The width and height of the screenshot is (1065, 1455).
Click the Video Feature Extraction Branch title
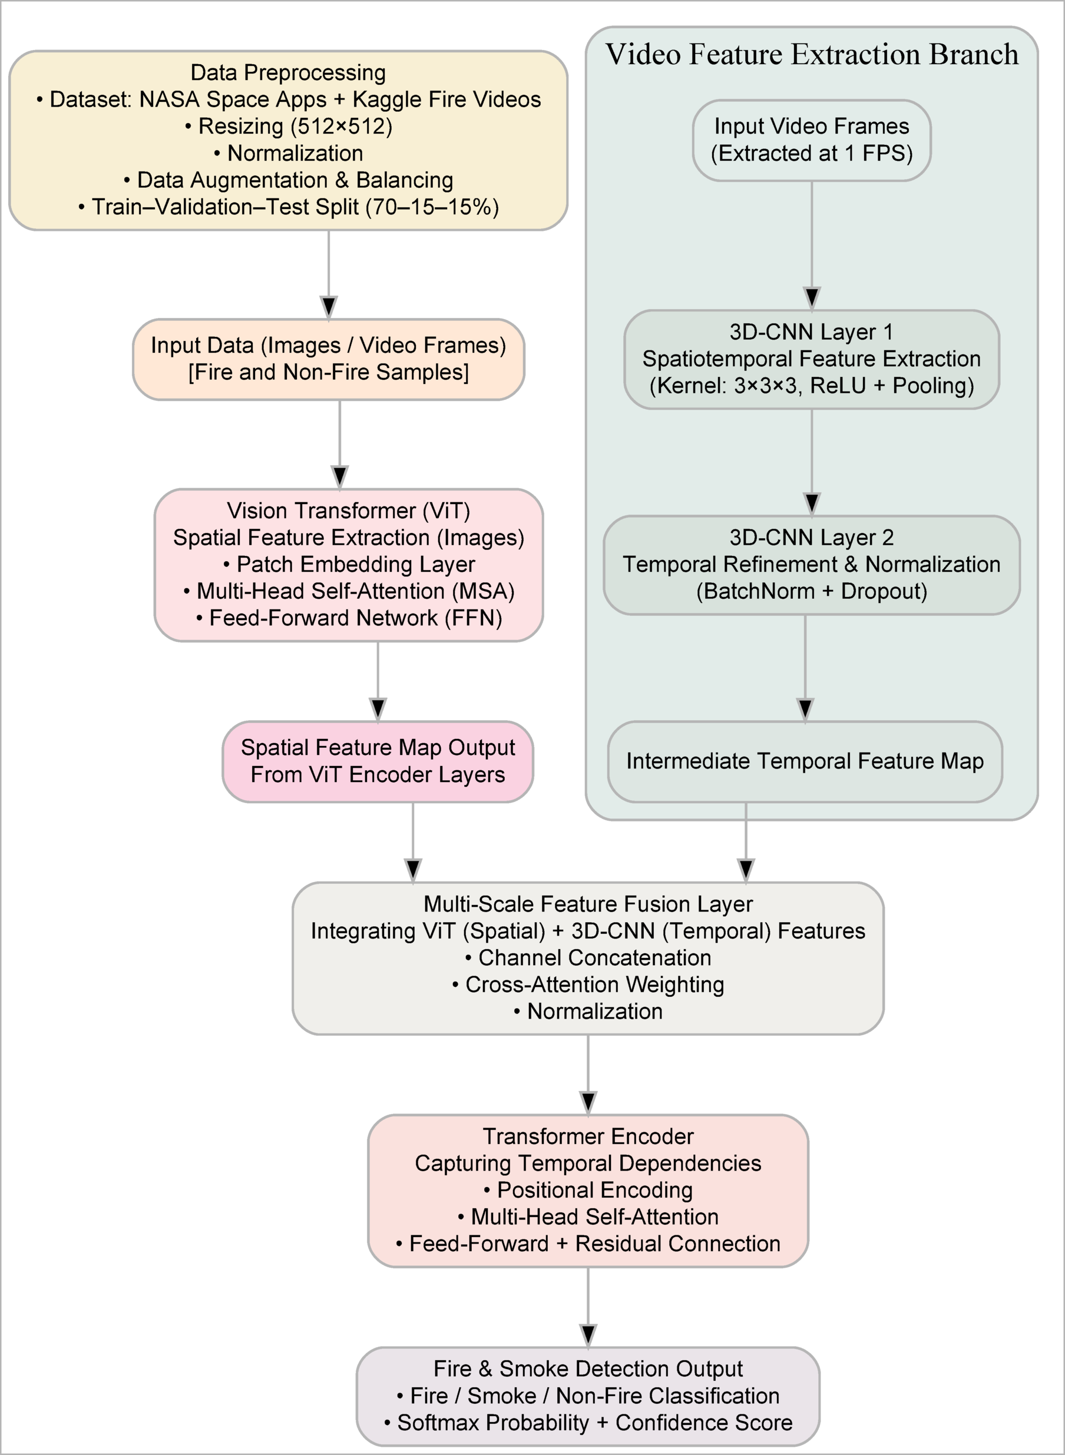[812, 54]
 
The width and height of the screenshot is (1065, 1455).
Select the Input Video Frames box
[812, 140]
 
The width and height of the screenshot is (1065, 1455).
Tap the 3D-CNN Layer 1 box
[812, 359]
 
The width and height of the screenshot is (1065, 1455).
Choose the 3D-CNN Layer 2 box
[812, 565]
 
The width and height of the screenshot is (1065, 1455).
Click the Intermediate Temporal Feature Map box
[805, 761]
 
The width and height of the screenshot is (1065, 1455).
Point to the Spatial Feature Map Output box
[378, 761]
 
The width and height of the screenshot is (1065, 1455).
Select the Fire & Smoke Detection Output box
[588, 1396]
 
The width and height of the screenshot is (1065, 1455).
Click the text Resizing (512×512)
[289, 126]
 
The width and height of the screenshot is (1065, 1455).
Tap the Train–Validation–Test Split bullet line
[289, 207]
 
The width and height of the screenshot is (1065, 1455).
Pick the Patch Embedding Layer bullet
[349, 565]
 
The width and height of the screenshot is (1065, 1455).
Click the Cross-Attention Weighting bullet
[588, 985]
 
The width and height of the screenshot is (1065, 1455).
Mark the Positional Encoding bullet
[588, 1190]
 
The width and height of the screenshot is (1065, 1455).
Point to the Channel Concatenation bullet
[588, 957]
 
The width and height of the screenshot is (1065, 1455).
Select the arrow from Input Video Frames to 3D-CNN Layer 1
[812, 245]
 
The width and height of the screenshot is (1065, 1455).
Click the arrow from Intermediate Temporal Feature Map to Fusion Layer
[746, 841]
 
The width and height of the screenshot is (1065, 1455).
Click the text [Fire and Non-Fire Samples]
[329, 373]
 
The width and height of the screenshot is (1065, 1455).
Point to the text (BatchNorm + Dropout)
[812, 592]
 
